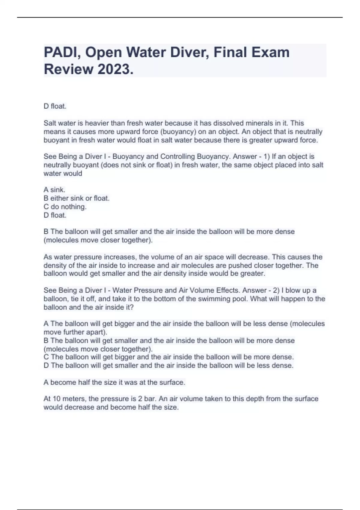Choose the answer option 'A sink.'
(54, 190)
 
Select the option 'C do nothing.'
(65, 207)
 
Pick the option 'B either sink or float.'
(76, 198)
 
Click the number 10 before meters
(56, 399)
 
